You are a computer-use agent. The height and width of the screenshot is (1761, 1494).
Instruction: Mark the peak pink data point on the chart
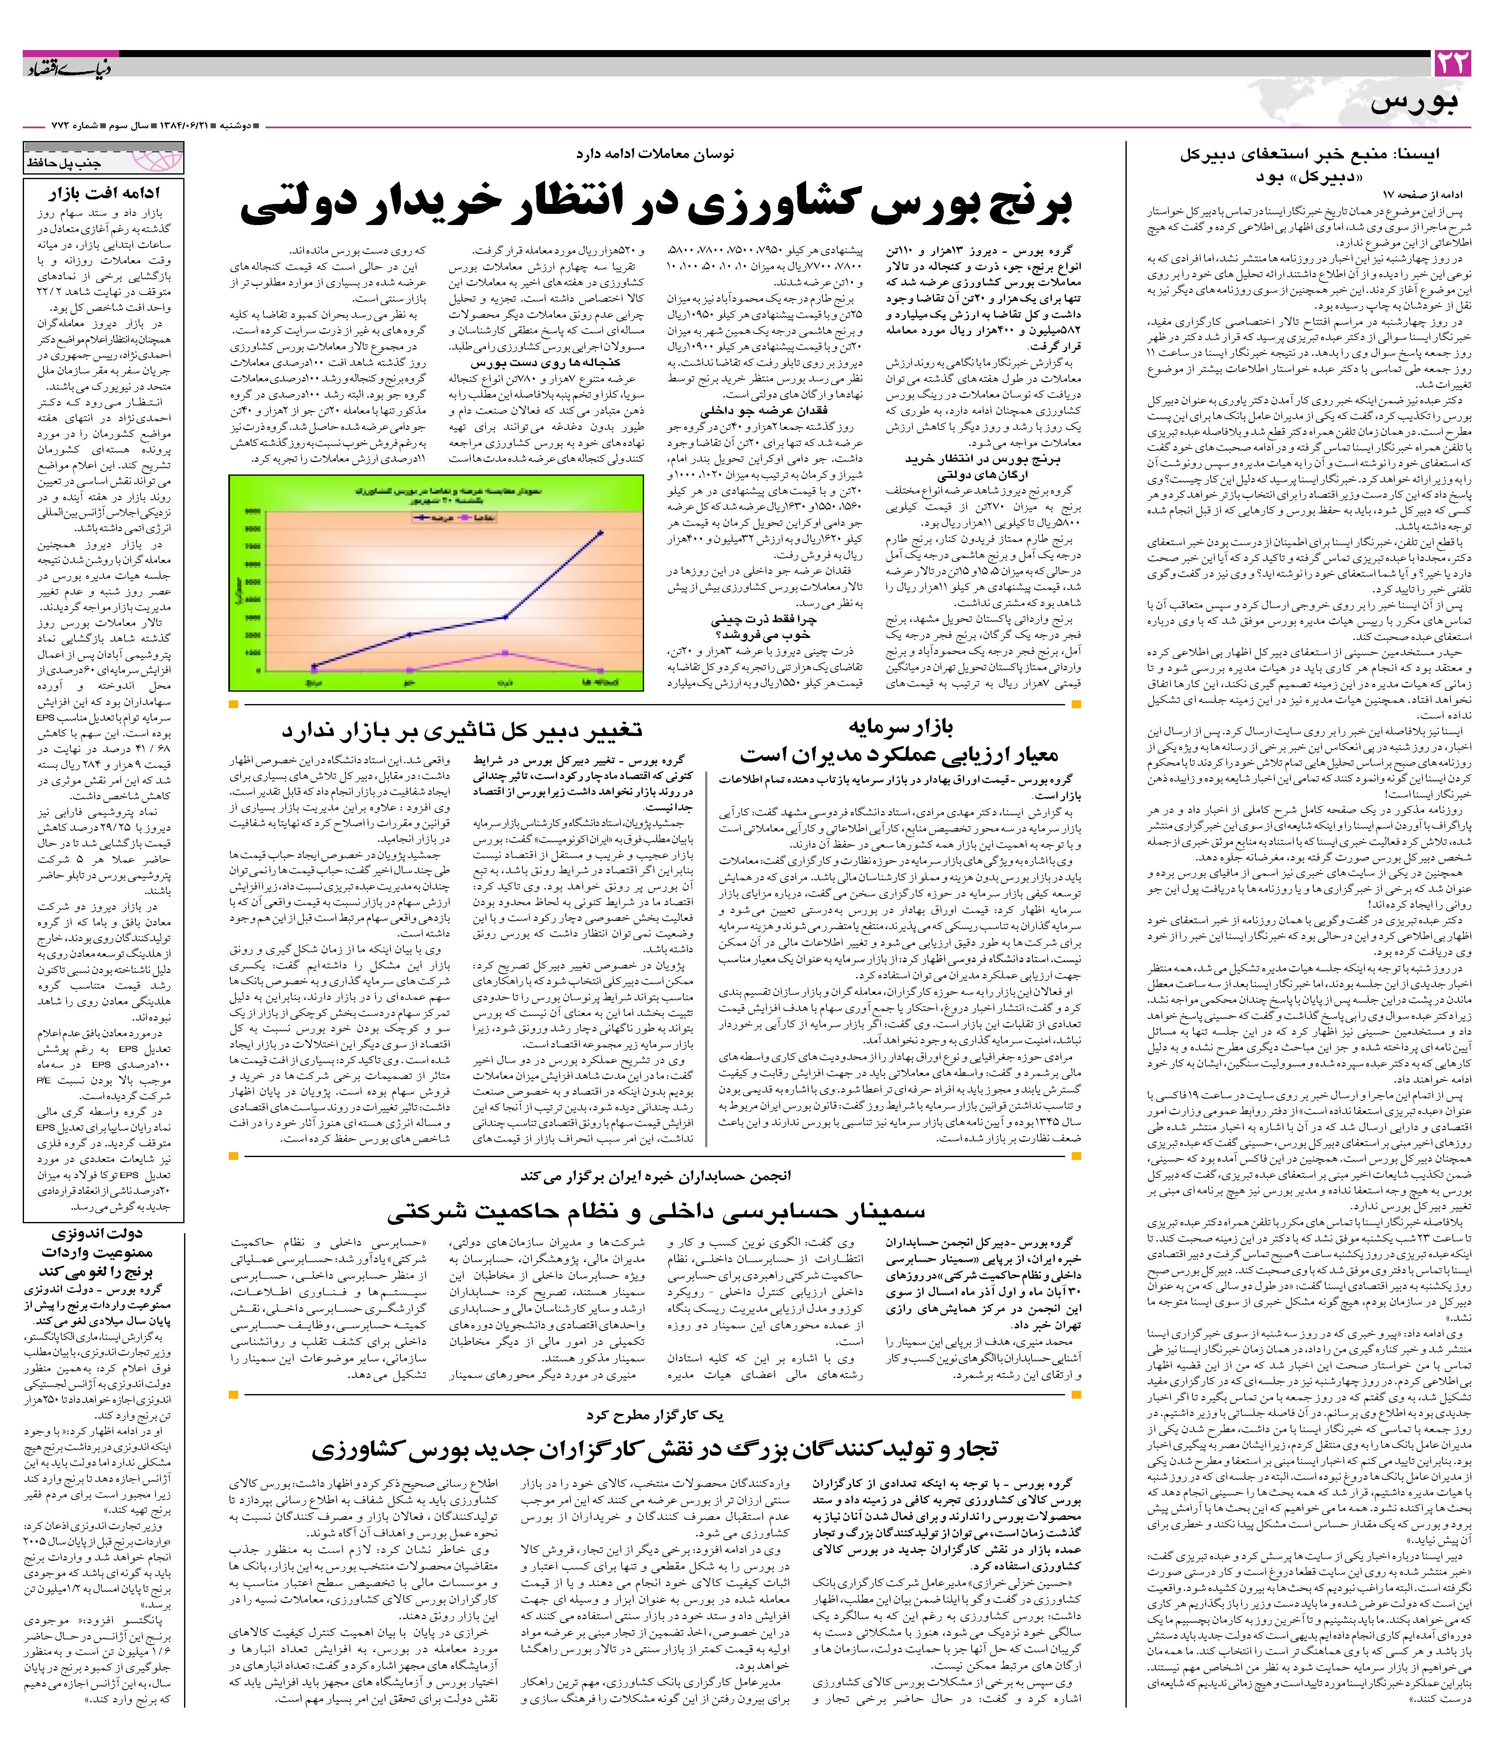[505, 652]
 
